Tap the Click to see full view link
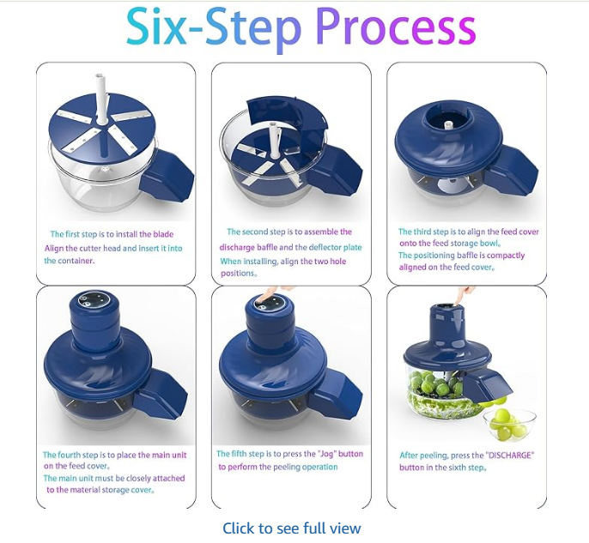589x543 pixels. [x=292, y=528]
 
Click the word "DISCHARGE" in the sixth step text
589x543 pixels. [x=510, y=456]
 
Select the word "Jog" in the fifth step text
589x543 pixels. [x=326, y=454]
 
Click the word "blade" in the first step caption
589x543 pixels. [x=162, y=234]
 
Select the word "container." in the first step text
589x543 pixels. [x=69, y=261]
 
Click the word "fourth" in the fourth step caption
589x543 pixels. [x=70, y=456]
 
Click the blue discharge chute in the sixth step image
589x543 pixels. [x=487, y=384]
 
